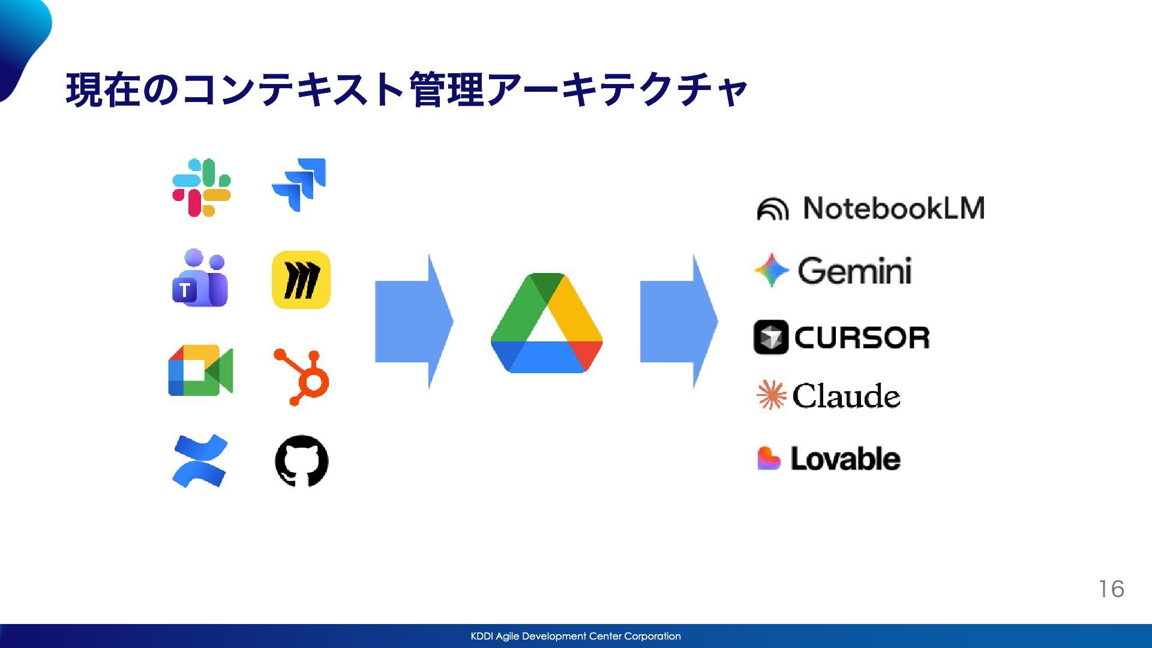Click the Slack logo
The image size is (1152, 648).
[202, 187]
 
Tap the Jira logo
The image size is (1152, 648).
[299, 184]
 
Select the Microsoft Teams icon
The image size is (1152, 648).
[200, 278]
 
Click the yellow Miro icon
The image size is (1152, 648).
[301, 280]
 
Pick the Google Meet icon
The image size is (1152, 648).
[200, 370]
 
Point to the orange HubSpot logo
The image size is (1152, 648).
[302, 377]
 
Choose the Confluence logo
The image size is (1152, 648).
[200, 461]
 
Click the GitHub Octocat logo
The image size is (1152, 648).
[301, 461]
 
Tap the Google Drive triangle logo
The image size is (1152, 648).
[547, 323]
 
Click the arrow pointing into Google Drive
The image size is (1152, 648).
[413, 322]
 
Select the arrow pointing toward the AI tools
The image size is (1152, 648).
[679, 322]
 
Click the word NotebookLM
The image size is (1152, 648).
[893, 208]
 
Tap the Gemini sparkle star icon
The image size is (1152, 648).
[772, 270]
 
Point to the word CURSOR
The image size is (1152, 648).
[862, 338]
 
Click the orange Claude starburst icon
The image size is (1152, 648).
[772, 395]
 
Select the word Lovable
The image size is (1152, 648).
[845, 459]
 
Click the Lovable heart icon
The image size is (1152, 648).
[769, 458]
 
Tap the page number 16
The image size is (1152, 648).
[1111, 589]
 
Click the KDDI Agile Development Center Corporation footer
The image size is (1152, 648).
[575, 636]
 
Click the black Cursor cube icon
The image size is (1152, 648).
[770, 337]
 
